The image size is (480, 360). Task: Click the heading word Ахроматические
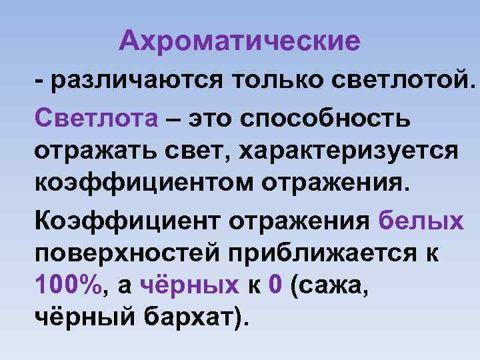click(x=240, y=42)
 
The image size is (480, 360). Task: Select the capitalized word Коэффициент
click(x=129, y=219)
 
